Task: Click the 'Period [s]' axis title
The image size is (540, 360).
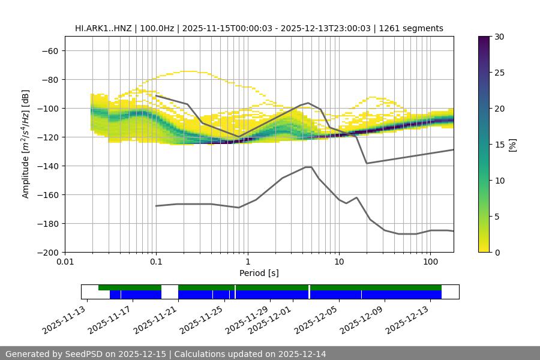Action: tap(259, 273)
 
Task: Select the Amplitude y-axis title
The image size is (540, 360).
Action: tap(26, 144)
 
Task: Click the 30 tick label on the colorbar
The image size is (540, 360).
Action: tap(499, 37)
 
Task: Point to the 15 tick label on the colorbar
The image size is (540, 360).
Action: tap(499, 145)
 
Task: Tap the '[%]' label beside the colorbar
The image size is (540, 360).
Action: tap(512, 145)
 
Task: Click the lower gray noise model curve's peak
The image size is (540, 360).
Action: tap(308, 167)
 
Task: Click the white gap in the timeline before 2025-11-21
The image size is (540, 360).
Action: tap(170, 292)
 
